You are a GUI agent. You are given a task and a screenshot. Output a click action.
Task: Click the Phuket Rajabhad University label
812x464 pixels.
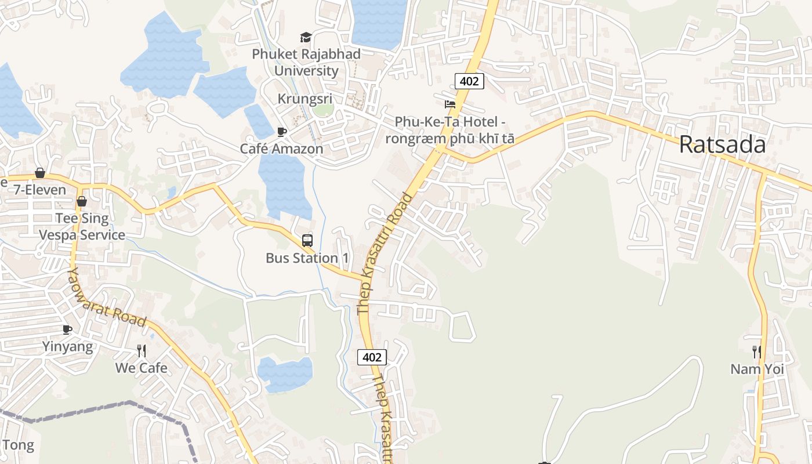[x=306, y=62]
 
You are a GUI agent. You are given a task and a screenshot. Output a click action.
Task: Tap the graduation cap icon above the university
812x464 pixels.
[x=306, y=38]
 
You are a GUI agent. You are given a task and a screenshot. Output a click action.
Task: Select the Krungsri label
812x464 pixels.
[x=304, y=99]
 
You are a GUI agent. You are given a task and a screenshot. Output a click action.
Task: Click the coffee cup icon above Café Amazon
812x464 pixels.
[x=282, y=132]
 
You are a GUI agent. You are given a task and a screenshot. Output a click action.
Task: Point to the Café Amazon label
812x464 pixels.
[x=281, y=148]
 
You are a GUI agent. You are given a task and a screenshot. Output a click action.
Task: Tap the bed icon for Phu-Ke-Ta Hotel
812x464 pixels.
[x=449, y=104]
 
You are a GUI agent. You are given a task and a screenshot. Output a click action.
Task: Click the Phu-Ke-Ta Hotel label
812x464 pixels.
[x=449, y=130]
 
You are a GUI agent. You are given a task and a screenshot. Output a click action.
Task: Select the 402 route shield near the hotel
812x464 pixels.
[x=469, y=81]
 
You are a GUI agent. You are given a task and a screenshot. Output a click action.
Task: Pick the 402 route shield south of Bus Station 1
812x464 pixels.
[x=371, y=357]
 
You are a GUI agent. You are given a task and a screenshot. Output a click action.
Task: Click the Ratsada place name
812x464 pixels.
[x=722, y=144]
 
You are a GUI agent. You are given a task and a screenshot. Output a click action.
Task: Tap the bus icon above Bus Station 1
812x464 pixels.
[x=307, y=240]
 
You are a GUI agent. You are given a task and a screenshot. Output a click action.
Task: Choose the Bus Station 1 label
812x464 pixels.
[x=302, y=258]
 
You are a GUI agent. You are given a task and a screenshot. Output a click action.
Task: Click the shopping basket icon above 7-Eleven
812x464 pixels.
[x=40, y=173]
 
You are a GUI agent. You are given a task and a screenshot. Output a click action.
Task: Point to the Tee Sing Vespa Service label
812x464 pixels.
[x=82, y=226]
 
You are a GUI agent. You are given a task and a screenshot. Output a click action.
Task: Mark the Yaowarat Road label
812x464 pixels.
[x=106, y=297]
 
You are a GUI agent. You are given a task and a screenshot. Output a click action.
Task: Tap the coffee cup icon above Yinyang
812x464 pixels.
[x=67, y=329]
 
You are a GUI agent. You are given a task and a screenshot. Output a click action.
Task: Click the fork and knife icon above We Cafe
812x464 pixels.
[x=141, y=350]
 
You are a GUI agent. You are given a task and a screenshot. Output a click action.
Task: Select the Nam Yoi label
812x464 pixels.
[x=757, y=369]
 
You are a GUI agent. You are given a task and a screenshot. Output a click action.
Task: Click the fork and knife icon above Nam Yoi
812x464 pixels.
[x=757, y=351]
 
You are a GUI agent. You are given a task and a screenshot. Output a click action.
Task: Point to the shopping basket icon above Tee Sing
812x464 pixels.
[x=82, y=201]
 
